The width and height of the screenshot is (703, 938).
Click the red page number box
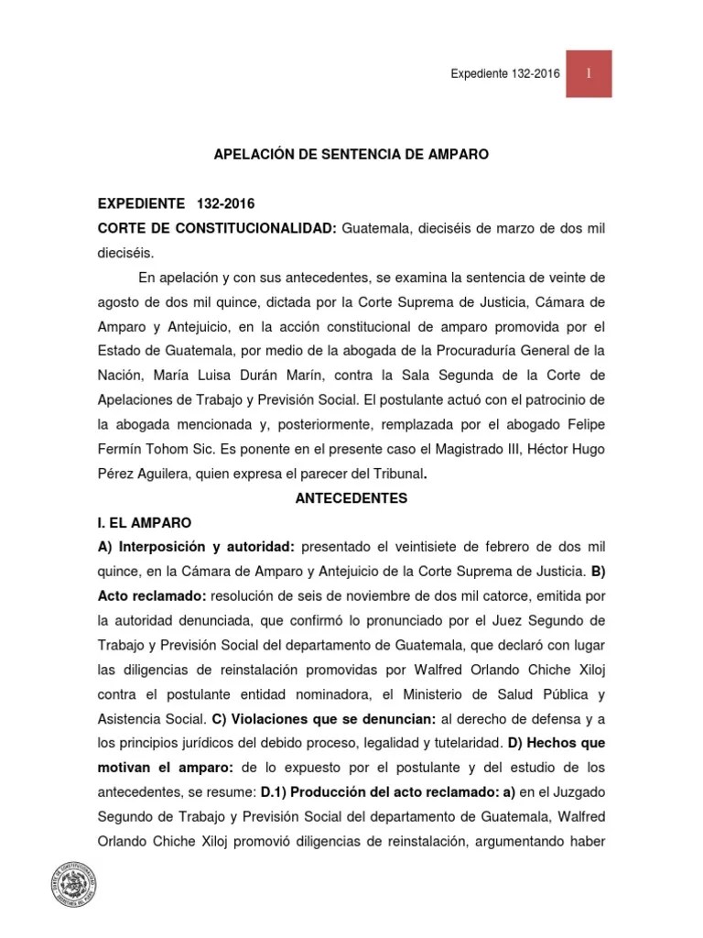point(588,73)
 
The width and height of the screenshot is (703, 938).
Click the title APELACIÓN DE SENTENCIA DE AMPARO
point(351,156)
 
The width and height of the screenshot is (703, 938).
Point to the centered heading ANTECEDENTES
point(351,499)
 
